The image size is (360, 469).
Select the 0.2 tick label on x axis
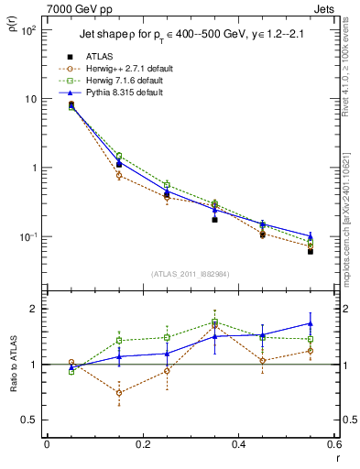142,444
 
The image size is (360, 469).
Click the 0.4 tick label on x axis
238,444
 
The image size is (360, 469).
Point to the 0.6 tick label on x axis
333,444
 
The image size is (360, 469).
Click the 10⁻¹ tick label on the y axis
27,237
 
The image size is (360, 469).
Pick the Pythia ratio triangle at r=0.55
311,323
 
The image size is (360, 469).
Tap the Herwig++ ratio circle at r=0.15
119,393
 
